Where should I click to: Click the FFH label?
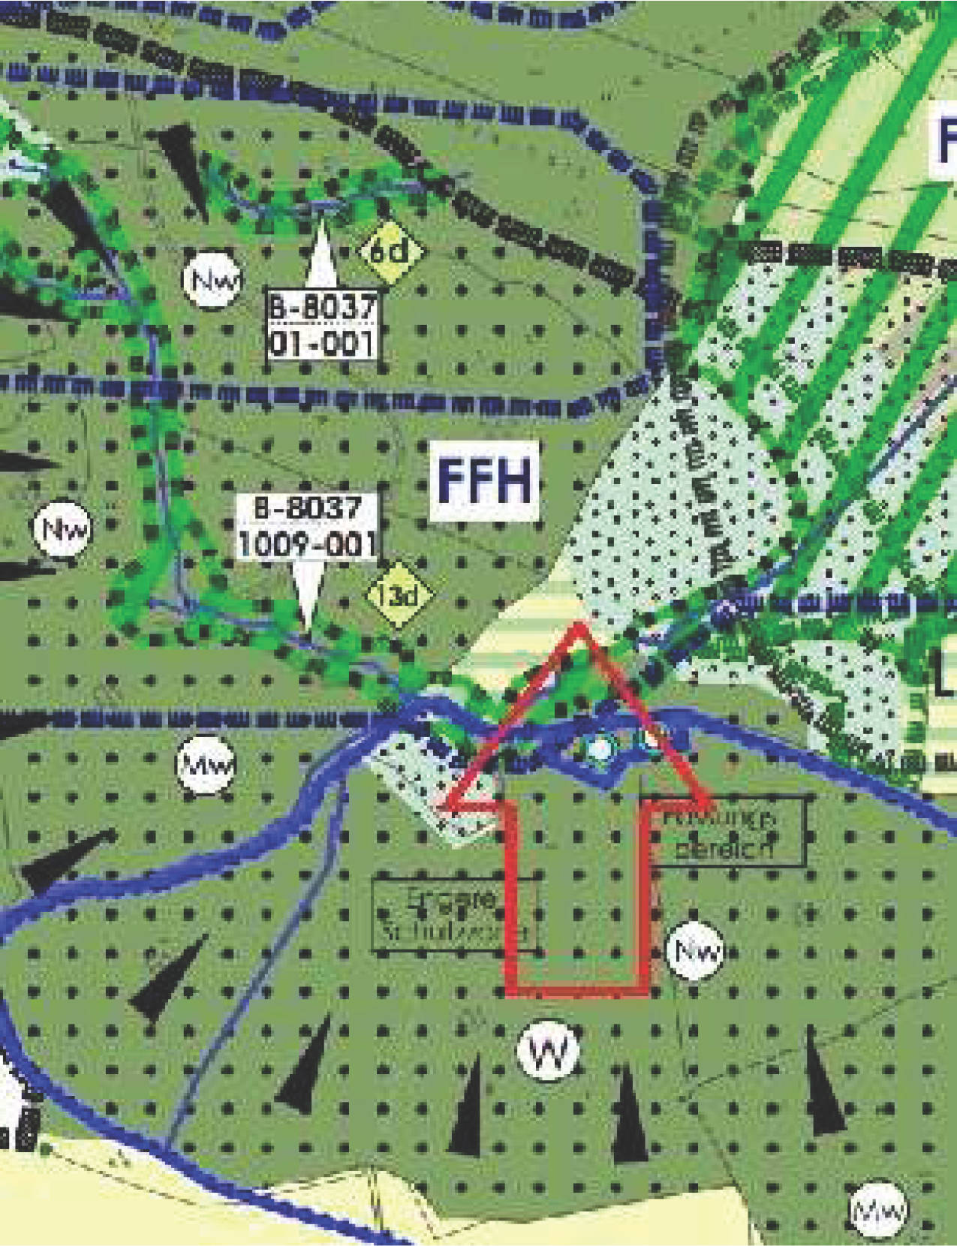tap(485, 480)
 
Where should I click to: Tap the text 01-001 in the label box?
tap(322, 344)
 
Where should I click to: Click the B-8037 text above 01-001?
tap(322, 306)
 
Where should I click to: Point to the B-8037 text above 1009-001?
tap(308, 508)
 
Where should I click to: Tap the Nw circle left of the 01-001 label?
tap(213, 280)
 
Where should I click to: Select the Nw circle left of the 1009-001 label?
tap(62, 528)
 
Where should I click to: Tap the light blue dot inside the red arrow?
tap(600, 748)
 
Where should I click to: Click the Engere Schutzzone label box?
tap(454, 913)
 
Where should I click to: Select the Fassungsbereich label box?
tap(725, 832)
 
